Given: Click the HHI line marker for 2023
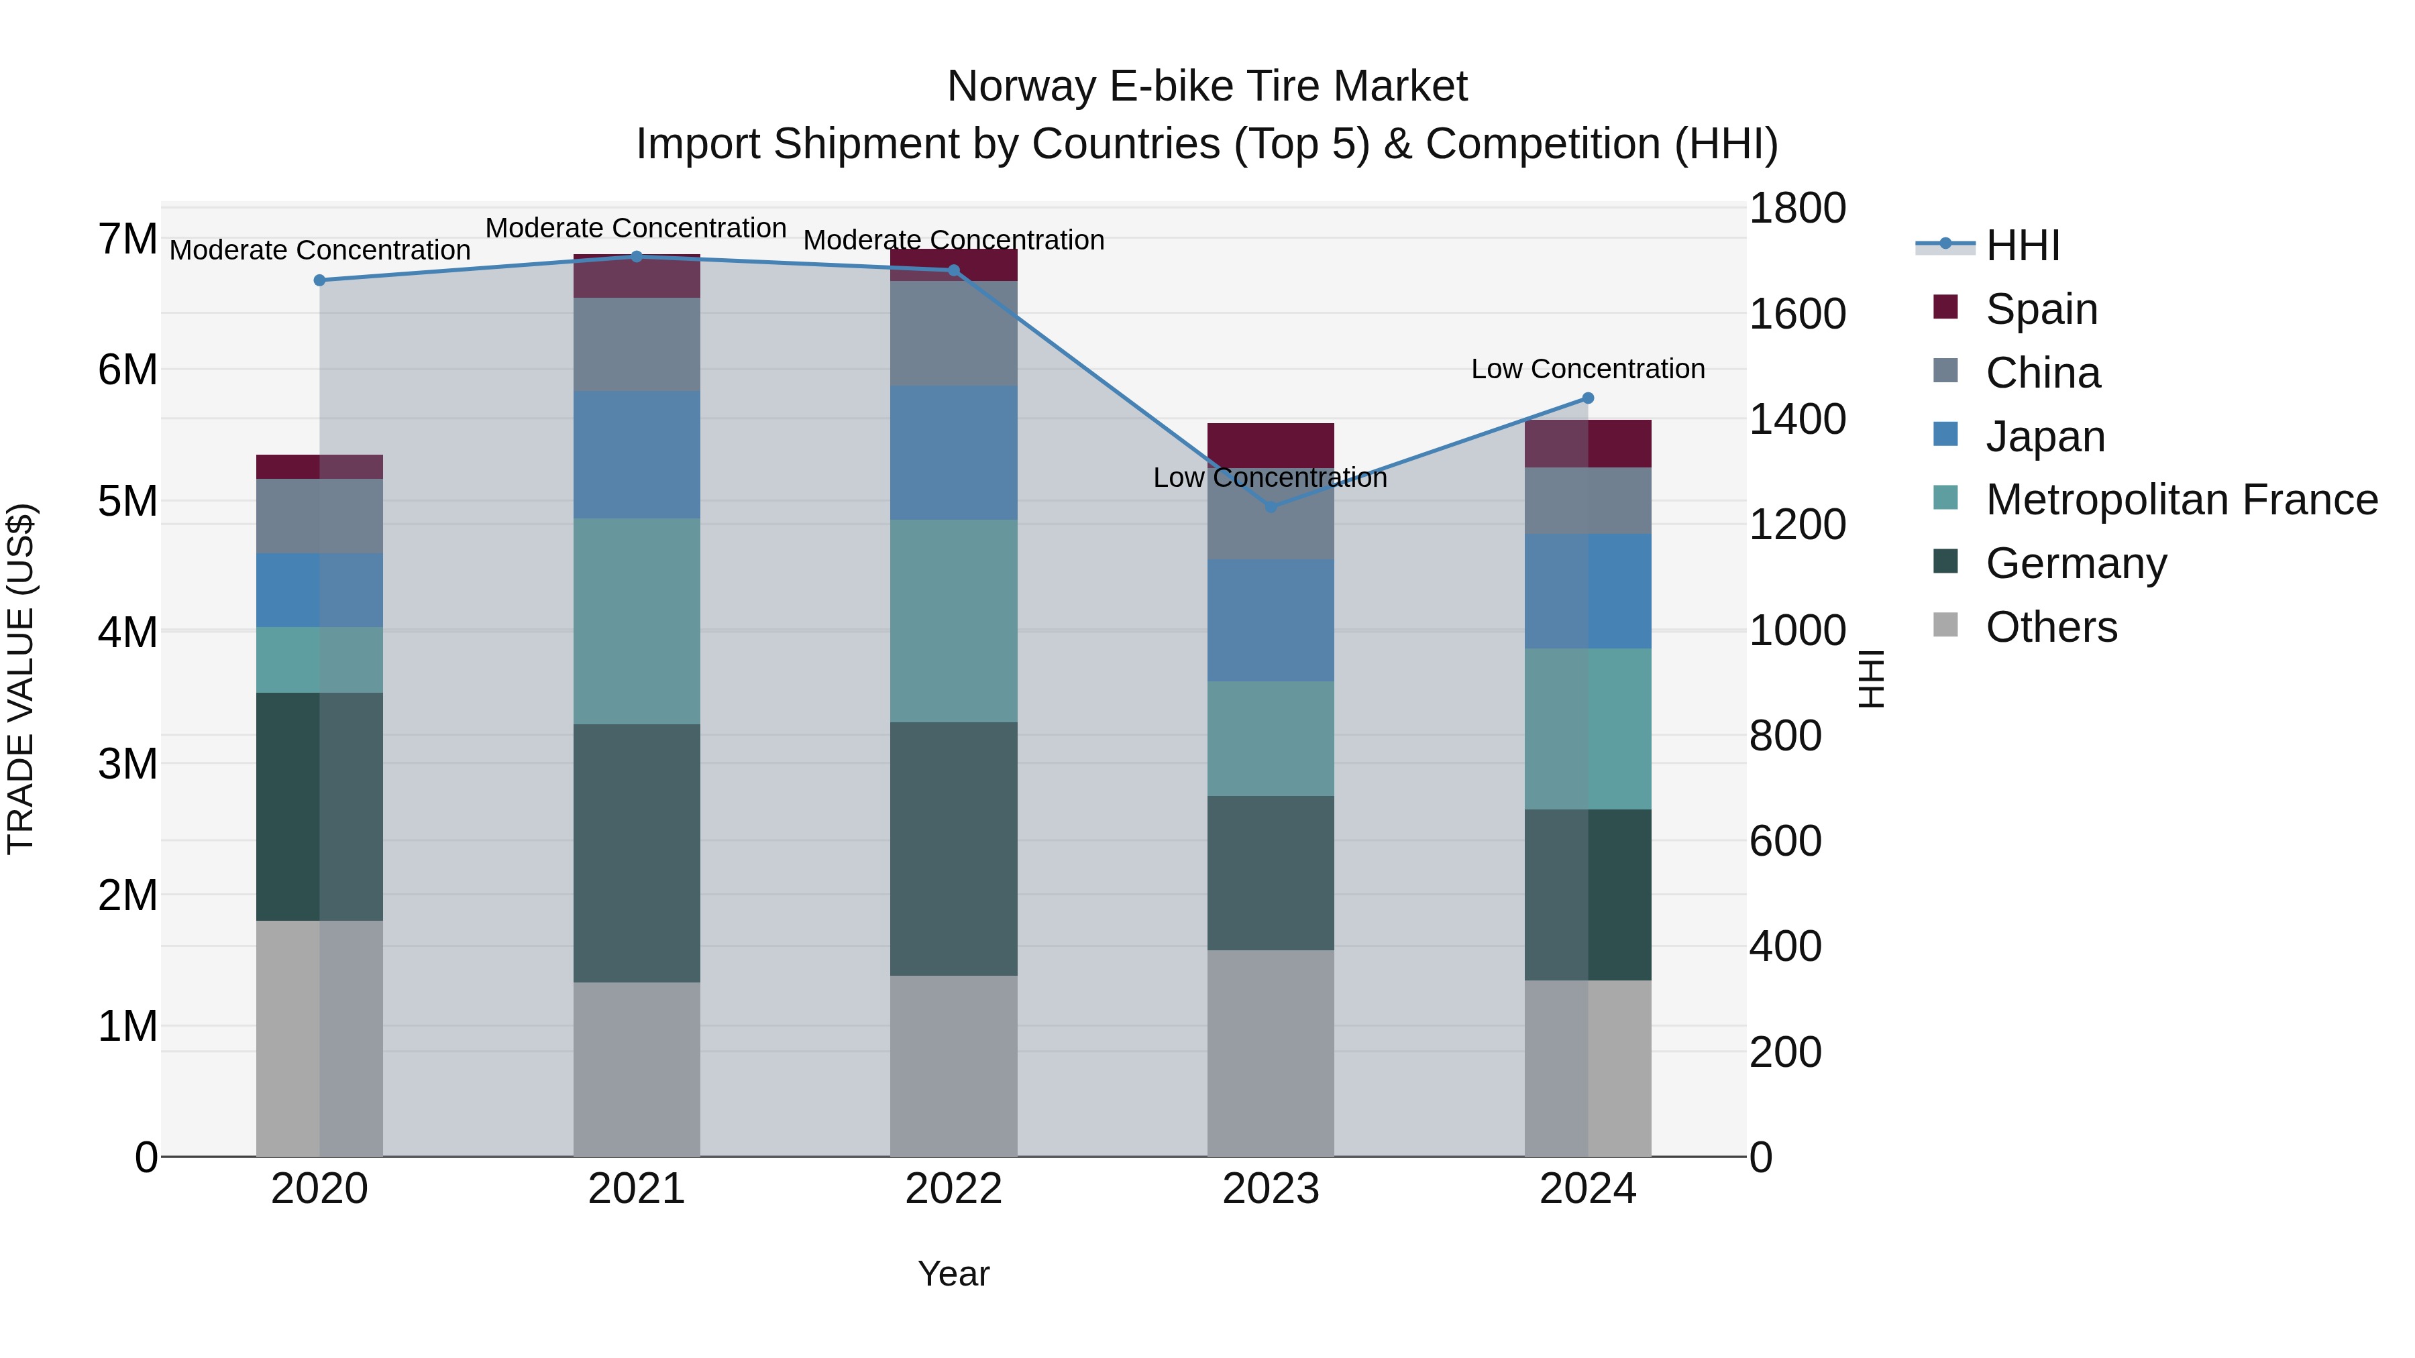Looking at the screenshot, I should [1271, 507].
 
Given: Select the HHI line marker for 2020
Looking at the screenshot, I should [320, 280].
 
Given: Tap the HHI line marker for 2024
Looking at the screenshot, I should [1587, 398].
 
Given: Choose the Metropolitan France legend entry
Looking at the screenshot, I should [2181, 500].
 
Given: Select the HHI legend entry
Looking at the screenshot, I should [2022, 245].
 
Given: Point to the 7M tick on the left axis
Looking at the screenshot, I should [128, 239].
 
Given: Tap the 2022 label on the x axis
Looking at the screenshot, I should [953, 1189].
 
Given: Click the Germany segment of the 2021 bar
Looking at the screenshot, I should [637, 853].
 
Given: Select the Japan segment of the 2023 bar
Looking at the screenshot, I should [1271, 620].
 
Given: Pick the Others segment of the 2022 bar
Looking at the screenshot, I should [953, 1066].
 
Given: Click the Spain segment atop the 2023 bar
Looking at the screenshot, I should [1271, 445].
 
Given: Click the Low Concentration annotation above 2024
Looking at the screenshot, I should [1587, 370].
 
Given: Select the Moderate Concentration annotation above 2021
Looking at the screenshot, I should [636, 228].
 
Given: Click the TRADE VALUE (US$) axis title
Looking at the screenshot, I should [21, 679].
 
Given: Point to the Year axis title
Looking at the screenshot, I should [953, 1274].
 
